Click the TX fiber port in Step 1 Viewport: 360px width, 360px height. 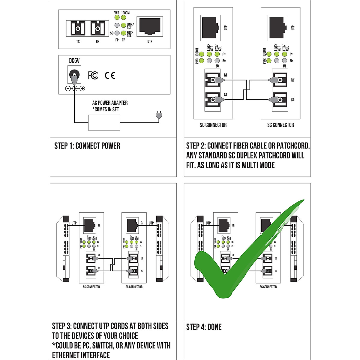(x=78, y=29)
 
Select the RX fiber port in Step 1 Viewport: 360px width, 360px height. (x=97, y=29)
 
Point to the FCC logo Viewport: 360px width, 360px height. (x=93, y=75)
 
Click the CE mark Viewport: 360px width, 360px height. (x=110, y=75)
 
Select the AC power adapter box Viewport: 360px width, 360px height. (x=104, y=123)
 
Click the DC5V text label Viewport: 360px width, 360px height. (x=74, y=61)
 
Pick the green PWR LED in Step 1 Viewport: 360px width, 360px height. (x=117, y=18)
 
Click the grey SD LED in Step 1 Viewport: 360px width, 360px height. (x=117, y=33)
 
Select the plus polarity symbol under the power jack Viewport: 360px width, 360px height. (x=82, y=88)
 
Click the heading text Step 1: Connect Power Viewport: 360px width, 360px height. (x=87, y=146)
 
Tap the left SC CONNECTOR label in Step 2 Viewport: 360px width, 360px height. (x=213, y=125)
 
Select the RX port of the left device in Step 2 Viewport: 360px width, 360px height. (x=213, y=80)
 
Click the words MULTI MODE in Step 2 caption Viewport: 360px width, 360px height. (x=258, y=165)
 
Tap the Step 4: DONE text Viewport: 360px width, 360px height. (x=204, y=327)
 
